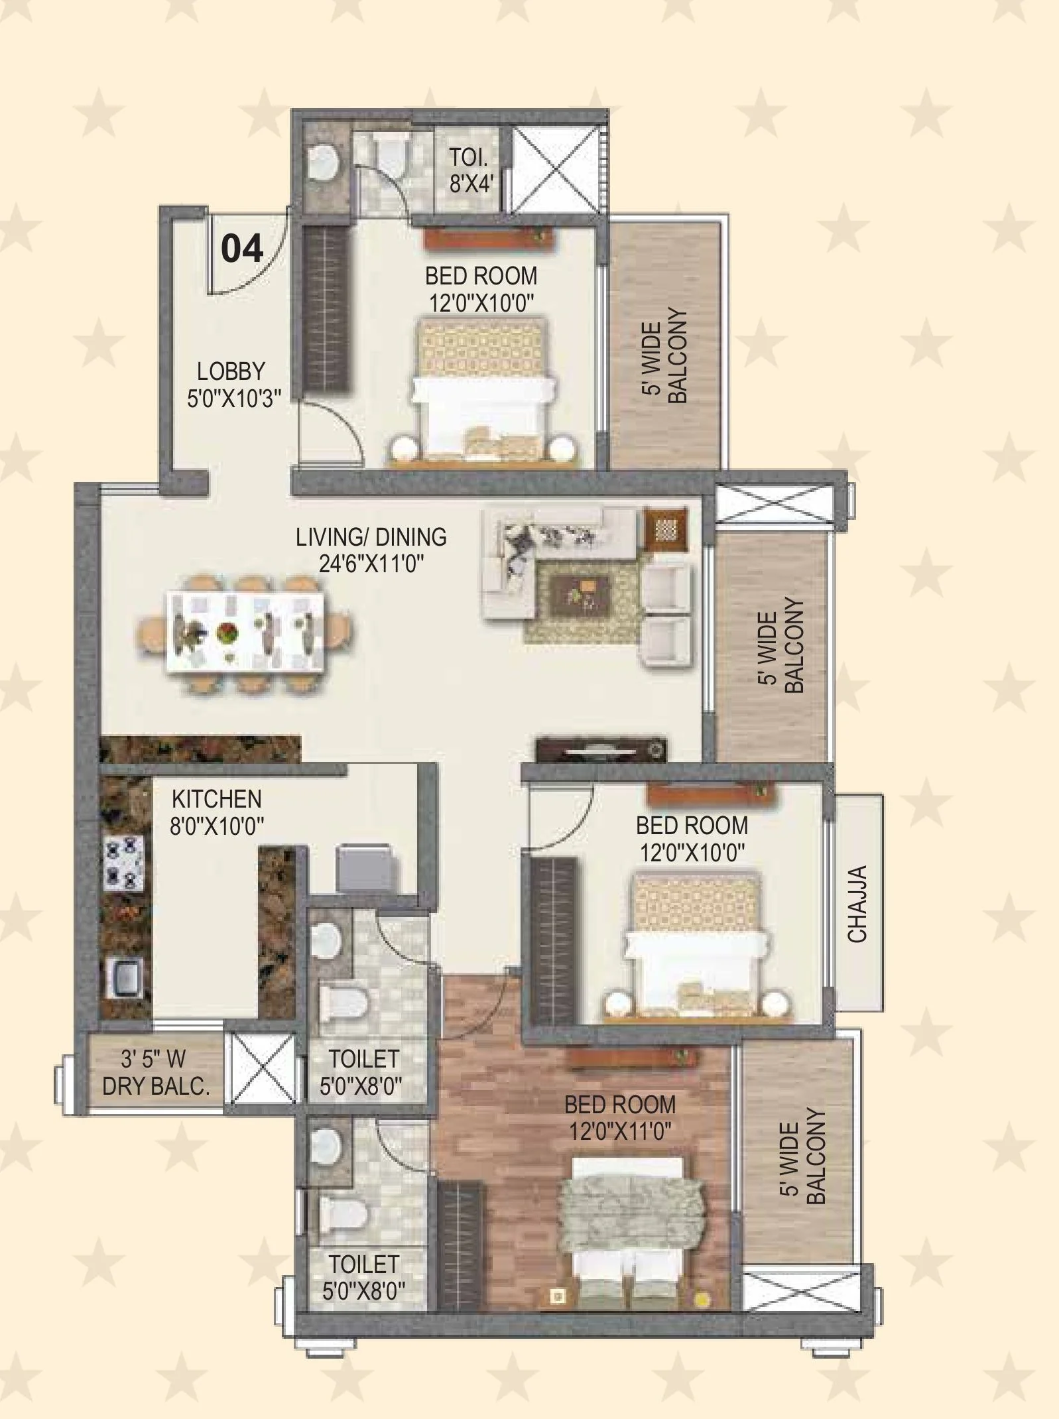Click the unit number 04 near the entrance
pos(242,249)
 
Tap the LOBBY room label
pos(231,371)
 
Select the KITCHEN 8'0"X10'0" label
pos(217,812)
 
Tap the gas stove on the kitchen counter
pos(124,862)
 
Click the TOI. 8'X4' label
pos(470,170)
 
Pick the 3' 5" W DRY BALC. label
pos(155,1072)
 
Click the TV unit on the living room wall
pos(601,749)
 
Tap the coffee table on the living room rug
pos(582,591)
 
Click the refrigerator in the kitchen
pos(367,869)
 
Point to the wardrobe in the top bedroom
pos(326,309)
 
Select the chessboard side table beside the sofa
pos(666,529)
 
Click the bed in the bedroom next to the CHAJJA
pos(695,945)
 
